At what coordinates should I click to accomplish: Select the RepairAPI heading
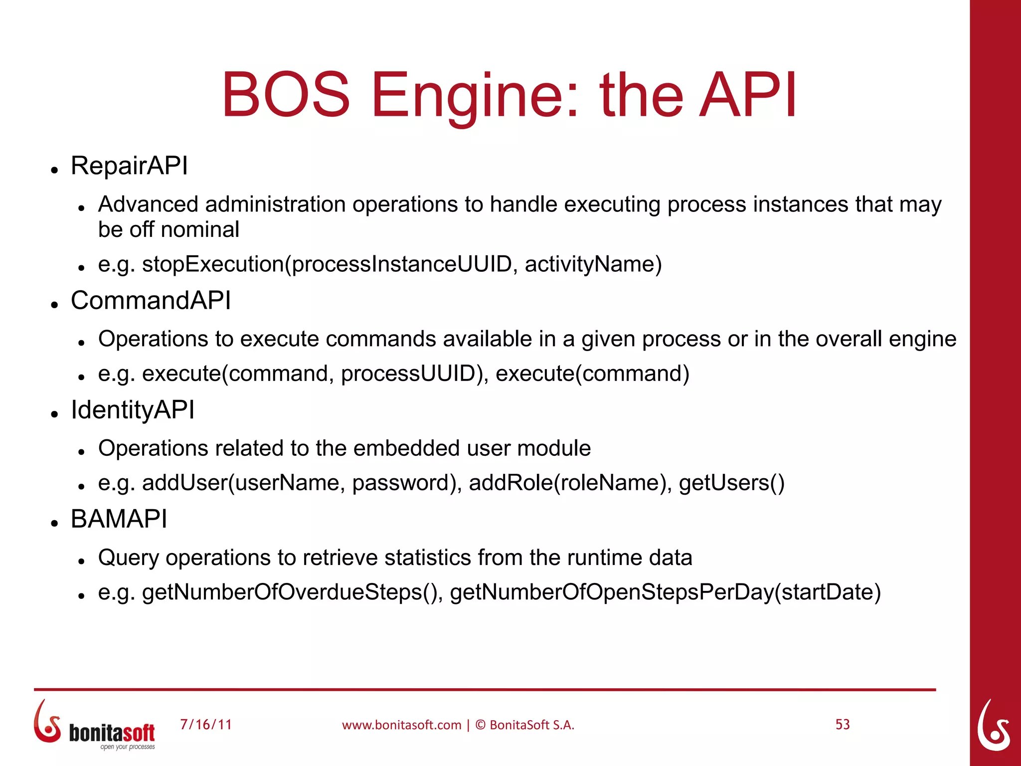pyautogui.click(x=129, y=166)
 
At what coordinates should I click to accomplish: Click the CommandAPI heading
pyautogui.click(x=151, y=301)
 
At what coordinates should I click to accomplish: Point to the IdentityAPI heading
pyautogui.click(x=132, y=410)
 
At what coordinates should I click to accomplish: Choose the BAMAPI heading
pyautogui.click(x=119, y=519)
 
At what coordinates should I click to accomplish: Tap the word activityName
pyautogui.click(x=593, y=264)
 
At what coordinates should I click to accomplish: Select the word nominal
pyautogui.click(x=200, y=230)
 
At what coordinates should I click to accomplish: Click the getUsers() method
pyautogui.click(x=731, y=483)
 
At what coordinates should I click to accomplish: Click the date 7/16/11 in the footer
pyautogui.click(x=206, y=725)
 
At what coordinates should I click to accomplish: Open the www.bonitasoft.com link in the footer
pyautogui.click(x=401, y=725)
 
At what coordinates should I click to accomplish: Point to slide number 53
pyautogui.click(x=843, y=725)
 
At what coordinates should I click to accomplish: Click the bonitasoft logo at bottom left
pyautogui.click(x=95, y=725)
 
